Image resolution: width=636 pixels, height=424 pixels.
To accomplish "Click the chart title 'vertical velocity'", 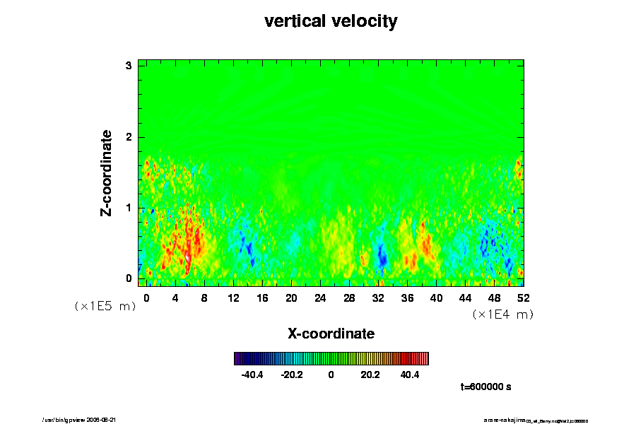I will [331, 21].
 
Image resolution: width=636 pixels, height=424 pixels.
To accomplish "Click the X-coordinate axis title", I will [331, 333].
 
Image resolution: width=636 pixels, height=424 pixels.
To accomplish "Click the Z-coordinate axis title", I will [107, 172].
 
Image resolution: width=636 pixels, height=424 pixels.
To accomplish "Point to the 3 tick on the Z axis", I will [129, 66].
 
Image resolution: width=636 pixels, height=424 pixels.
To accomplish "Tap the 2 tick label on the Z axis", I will [129, 136].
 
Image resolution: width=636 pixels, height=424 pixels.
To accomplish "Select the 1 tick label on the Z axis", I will [129, 207].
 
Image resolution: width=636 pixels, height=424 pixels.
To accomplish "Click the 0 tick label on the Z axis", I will [129, 278].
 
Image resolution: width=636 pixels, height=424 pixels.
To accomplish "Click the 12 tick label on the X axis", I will [233, 298].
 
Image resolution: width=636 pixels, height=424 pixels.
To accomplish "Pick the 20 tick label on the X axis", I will [291, 298].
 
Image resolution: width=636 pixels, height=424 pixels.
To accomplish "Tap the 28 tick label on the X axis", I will [349, 298].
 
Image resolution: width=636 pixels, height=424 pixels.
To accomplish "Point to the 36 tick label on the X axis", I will [407, 298].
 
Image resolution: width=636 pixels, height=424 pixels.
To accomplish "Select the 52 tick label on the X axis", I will [523, 298].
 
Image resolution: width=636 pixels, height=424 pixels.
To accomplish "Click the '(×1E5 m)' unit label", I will [105, 306].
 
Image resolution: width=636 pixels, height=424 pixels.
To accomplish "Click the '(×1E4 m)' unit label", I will [502, 314].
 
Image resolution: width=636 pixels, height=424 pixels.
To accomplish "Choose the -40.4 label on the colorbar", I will [252, 375].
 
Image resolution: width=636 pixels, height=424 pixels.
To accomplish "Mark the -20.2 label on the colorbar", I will [291, 375].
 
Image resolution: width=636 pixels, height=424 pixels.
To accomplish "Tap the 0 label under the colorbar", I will [331, 375].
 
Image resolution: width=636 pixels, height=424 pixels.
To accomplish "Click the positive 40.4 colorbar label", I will [410, 375].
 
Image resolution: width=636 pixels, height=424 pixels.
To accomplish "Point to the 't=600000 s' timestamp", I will [485, 387].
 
